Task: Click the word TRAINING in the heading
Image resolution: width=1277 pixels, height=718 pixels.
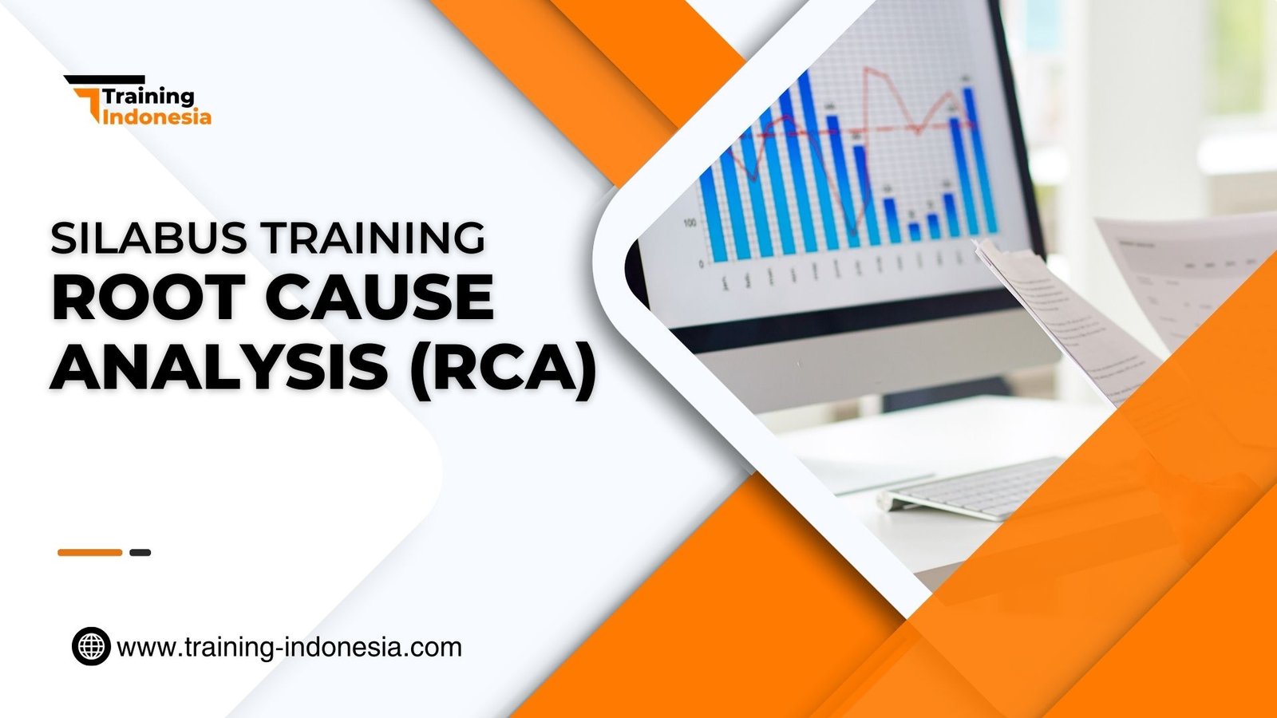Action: (x=374, y=238)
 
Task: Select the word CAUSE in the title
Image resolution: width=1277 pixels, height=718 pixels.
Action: (x=379, y=297)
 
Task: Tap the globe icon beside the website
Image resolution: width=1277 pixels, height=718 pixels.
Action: (x=91, y=646)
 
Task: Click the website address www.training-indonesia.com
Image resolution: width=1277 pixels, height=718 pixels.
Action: (x=289, y=646)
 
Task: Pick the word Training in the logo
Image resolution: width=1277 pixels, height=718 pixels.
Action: (x=148, y=97)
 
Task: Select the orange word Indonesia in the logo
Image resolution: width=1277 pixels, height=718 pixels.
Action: (x=157, y=117)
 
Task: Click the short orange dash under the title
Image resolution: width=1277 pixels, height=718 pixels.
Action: (x=89, y=552)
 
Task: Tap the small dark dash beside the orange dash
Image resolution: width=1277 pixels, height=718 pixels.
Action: (x=140, y=552)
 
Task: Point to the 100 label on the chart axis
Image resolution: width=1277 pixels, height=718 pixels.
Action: (x=689, y=223)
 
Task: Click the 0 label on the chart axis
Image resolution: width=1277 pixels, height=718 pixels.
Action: (x=702, y=263)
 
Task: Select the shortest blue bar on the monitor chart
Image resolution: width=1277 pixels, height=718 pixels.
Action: (x=915, y=231)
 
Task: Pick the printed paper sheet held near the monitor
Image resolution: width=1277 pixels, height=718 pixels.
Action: (x=1062, y=319)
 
